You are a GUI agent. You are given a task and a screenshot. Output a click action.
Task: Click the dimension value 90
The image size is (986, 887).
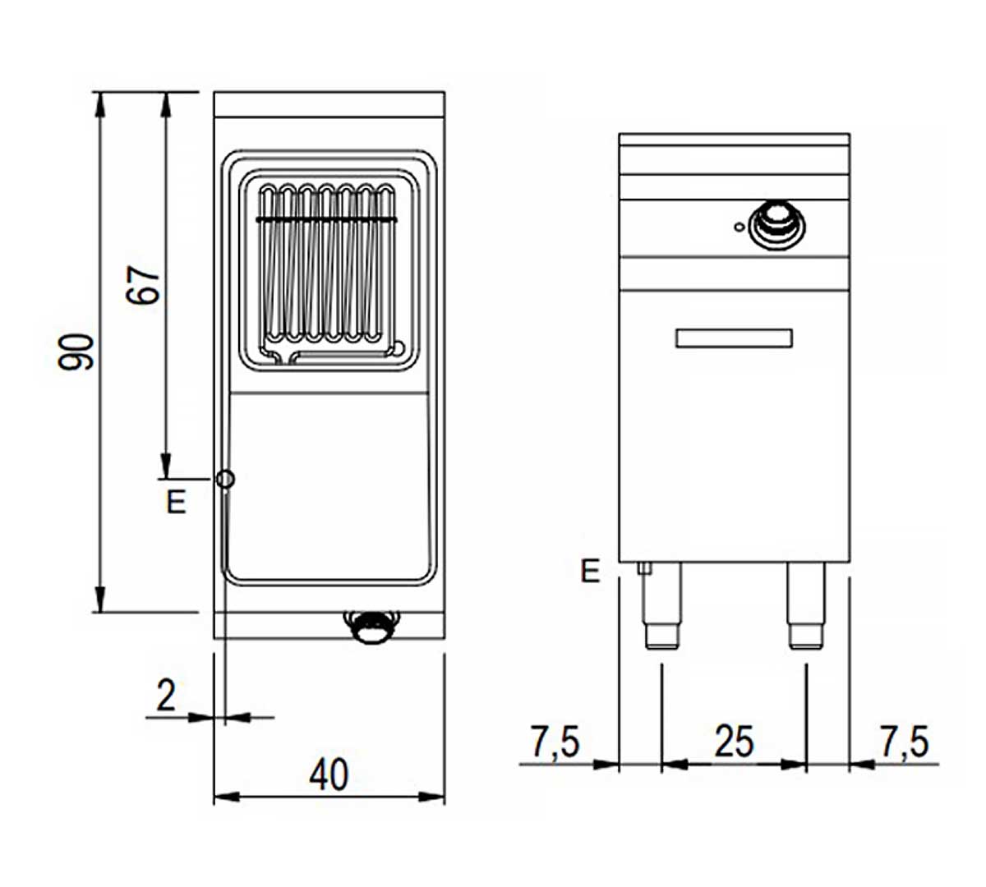click(76, 352)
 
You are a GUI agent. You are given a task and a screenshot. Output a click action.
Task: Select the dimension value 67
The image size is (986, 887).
click(142, 285)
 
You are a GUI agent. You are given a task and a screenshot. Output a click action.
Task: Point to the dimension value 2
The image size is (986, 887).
click(166, 696)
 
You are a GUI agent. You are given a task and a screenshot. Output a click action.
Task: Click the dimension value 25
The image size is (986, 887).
click(734, 742)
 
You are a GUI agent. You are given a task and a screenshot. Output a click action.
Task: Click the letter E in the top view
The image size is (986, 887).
click(177, 502)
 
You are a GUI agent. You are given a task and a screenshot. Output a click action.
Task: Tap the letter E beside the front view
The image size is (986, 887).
click(590, 571)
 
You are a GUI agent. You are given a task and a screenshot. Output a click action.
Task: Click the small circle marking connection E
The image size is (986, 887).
click(225, 479)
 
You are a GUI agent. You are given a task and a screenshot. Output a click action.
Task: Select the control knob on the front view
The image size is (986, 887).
click(777, 225)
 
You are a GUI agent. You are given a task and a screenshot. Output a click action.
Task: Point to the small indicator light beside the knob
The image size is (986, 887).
click(739, 227)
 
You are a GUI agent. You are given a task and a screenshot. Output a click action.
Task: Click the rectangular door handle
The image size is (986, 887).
click(734, 338)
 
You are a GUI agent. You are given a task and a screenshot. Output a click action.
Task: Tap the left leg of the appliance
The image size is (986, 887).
click(661, 605)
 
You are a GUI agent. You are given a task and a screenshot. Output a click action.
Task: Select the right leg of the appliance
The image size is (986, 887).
click(806, 605)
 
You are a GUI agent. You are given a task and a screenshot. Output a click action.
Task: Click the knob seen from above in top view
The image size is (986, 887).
click(371, 627)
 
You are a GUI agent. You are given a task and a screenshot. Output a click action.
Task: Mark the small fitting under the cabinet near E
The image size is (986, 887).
click(644, 568)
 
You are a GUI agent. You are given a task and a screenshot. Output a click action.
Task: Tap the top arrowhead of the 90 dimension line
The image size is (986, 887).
click(99, 104)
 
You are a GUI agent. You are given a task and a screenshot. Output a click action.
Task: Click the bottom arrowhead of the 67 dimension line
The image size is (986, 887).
click(166, 466)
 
